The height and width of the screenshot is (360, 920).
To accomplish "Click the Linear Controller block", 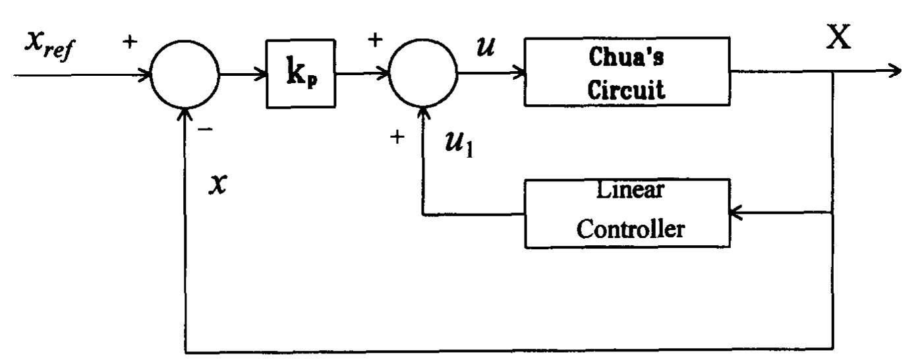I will tap(627, 214).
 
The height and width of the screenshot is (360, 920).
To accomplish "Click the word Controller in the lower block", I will tap(627, 229).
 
